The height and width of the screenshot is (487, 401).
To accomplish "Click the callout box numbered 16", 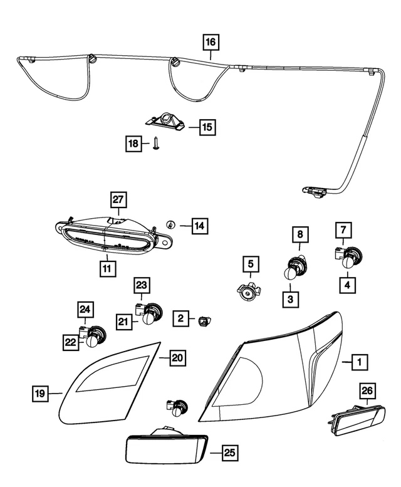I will click(x=211, y=43).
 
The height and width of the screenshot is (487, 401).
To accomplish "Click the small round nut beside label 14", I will click(x=170, y=225).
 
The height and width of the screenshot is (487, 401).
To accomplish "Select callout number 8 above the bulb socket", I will click(x=299, y=234).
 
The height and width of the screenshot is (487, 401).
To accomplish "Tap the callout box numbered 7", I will click(x=343, y=229).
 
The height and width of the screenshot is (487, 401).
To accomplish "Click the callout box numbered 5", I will click(x=250, y=264).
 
